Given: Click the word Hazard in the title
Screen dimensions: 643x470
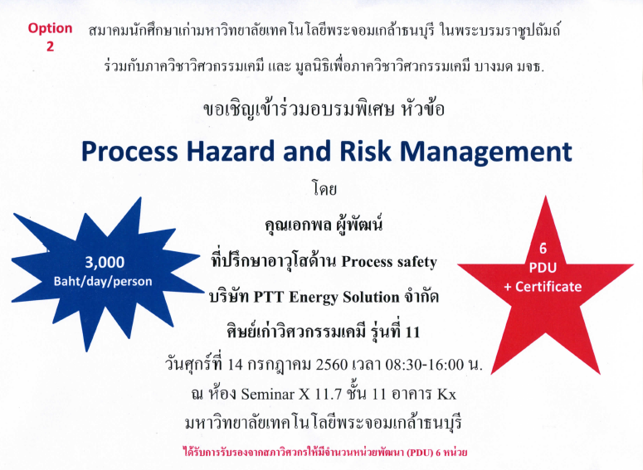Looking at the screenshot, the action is click(230, 151).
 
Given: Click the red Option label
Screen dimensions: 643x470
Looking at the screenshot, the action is click(50, 29).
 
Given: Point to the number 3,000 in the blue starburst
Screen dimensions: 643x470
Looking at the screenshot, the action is click(105, 262).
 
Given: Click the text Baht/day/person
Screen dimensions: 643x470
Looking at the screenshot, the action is click(103, 282).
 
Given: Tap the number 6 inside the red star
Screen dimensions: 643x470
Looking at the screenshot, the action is click(543, 249).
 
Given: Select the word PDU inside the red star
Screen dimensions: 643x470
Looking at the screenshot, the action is click(543, 268).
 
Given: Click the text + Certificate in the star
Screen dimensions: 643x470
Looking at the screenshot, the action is click(543, 287).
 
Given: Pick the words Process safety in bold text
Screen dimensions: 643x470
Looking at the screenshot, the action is click(389, 262).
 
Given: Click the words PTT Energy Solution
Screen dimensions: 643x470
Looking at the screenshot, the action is click(326, 297).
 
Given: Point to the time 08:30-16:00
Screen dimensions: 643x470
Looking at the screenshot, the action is click(425, 364).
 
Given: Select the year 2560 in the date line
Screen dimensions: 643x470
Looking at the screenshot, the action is click(332, 364).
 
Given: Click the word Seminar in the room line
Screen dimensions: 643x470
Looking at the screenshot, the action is click(267, 395).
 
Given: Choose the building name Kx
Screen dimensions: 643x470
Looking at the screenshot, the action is click(446, 395).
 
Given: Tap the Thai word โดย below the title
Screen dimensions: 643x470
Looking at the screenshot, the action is click(324, 189).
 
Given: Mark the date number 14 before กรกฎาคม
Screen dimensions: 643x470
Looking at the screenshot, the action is click(236, 364).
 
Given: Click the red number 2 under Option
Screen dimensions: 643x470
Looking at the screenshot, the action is click(50, 46).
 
